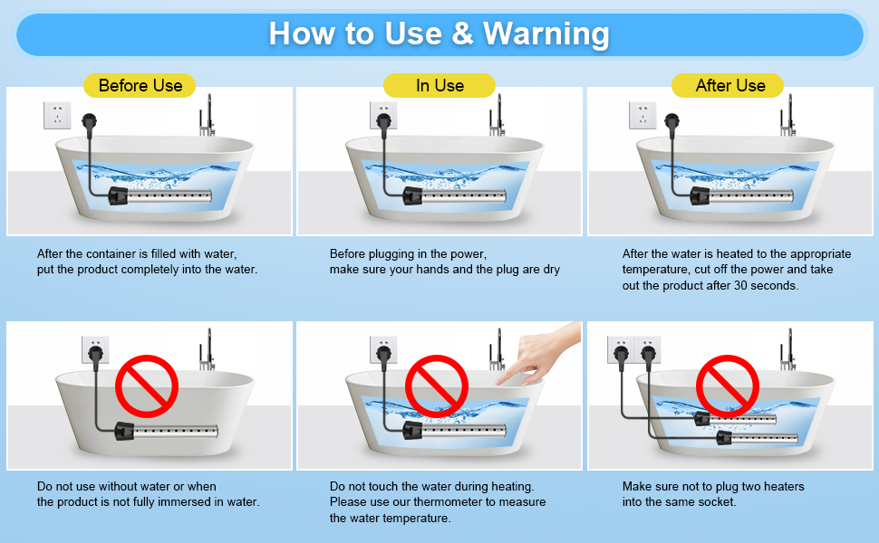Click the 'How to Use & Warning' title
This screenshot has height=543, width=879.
(439, 33)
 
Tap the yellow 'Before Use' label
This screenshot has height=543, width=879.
(140, 86)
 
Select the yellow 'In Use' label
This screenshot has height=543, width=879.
(439, 86)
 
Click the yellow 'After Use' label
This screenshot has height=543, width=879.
(730, 86)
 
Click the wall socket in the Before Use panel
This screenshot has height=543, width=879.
(57, 115)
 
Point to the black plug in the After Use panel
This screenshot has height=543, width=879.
(671, 119)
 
